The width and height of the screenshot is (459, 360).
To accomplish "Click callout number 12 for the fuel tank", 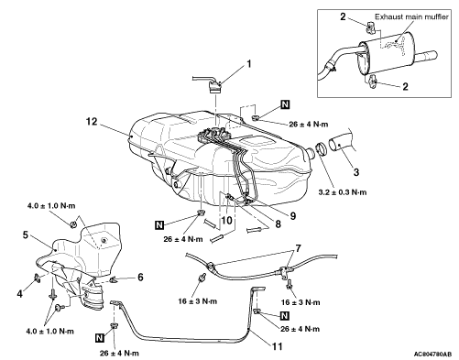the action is pyautogui.click(x=92, y=122).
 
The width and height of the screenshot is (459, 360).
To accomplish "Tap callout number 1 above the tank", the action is pyautogui.click(x=249, y=64).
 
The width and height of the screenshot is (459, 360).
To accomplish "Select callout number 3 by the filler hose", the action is pyautogui.click(x=356, y=172).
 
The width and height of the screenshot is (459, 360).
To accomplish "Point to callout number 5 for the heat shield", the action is pyautogui.click(x=26, y=235).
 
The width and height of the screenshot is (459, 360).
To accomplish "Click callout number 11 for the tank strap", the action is pyautogui.click(x=278, y=346).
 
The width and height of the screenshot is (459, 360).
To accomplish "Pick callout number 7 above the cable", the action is pyautogui.click(x=299, y=248).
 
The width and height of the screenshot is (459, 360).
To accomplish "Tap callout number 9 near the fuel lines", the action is pyautogui.click(x=293, y=216).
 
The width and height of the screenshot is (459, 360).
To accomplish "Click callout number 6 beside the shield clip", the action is pyautogui.click(x=140, y=277).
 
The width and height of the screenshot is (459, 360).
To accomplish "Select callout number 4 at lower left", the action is pyautogui.click(x=20, y=294).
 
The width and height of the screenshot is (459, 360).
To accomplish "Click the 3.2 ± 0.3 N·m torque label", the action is pyautogui.click(x=343, y=192).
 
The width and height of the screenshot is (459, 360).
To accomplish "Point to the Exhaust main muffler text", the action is pyautogui.click(x=411, y=16).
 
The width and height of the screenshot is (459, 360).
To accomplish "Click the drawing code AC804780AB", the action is pyautogui.click(x=432, y=354).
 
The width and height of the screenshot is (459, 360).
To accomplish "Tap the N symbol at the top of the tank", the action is pyautogui.click(x=285, y=104).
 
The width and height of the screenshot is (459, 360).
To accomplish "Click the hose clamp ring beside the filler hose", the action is pyautogui.click(x=321, y=148).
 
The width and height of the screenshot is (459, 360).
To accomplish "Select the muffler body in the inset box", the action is pyautogui.click(x=386, y=54).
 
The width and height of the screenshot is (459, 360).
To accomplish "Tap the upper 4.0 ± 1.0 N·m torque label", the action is pyautogui.click(x=51, y=206).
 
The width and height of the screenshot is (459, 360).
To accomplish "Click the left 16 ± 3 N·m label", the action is pyautogui.click(x=198, y=301).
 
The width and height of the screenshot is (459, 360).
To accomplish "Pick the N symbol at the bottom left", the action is pyautogui.click(x=99, y=338).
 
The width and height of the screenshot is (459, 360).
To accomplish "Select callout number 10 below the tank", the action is pyautogui.click(x=227, y=220).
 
